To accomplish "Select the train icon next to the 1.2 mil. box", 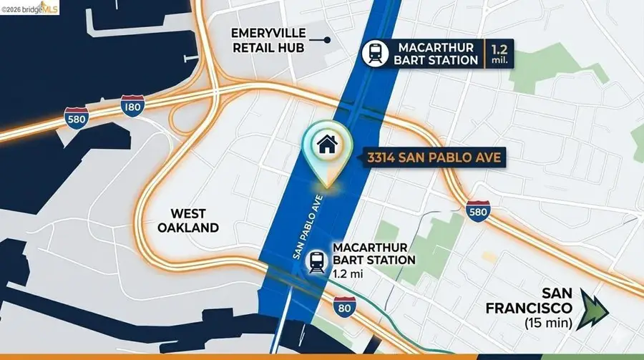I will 374,53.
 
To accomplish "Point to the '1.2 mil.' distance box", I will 499,53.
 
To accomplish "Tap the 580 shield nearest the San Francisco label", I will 477,211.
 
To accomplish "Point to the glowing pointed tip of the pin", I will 327,185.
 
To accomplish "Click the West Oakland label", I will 188,220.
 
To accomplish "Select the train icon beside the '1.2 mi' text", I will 316,262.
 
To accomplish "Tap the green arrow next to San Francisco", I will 595,308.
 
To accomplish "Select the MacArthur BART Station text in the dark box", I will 436,53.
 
